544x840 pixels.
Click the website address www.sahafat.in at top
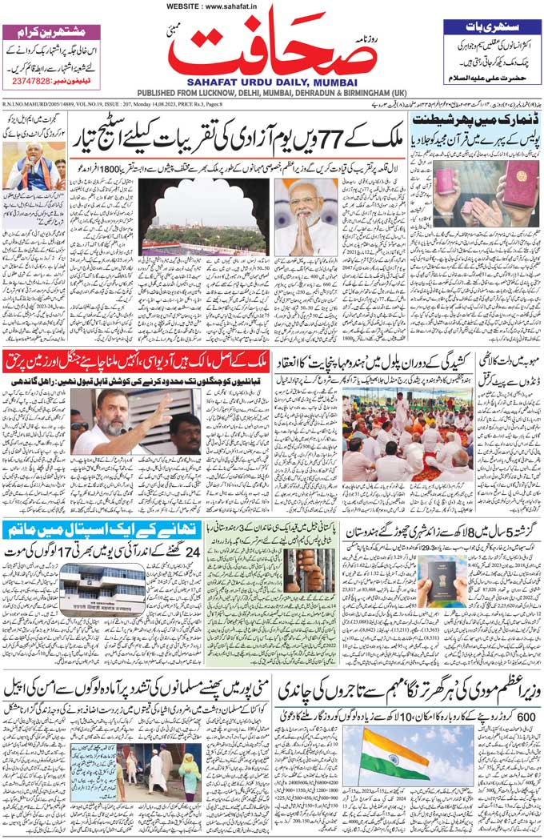pyautogui.click(x=271, y=6)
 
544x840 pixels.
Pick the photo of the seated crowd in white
pyautogui.click(x=406, y=433)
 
